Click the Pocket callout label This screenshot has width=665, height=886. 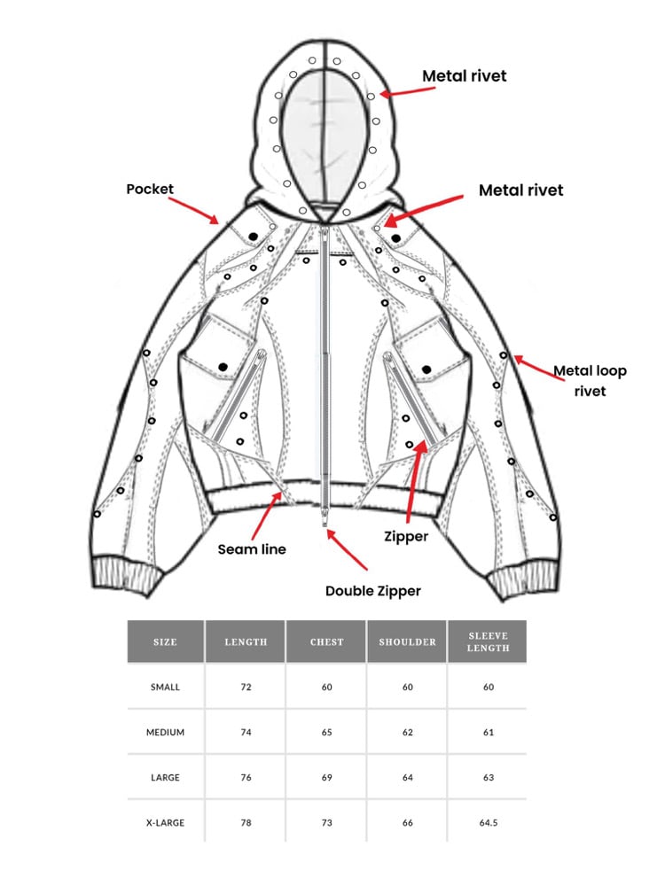pyautogui.click(x=150, y=189)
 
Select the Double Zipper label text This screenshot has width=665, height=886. pyautogui.click(x=372, y=591)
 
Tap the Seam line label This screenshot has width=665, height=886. pyautogui.click(x=252, y=549)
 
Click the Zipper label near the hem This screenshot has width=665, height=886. pyautogui.click(x=407, y=536)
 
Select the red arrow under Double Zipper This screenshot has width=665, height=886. pyautogui.click(x=347, y=550)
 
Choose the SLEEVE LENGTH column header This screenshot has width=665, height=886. pyautogui.click(x=488, y=641)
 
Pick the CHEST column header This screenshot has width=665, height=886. pyautogui.click(x=326, y=641)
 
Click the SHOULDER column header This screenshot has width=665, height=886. pyautogui.click(x=407, y=641)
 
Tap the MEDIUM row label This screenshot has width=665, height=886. pyautogui.click(x=166, y=733)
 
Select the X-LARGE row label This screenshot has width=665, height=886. pyautogui.click(x=166, y=823)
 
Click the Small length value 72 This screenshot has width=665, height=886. pyautogui.click(x=246, y=688)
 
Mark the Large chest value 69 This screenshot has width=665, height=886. pyautogui.click(x=326, y=778)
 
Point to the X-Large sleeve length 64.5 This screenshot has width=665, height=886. pyautogui.click(x=488, y=823)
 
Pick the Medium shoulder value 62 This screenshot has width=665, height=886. pyautogui.click(x=407, y=733)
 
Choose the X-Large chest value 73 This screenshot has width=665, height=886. pyautogui.click(x=326, y=823)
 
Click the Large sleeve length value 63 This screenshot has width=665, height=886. pyautogui.click(x=488, y=778)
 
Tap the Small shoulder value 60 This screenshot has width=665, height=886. pyautogui.click(x=407, y=688)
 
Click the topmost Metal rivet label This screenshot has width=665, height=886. pyautogui.click(x=464, y=76)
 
